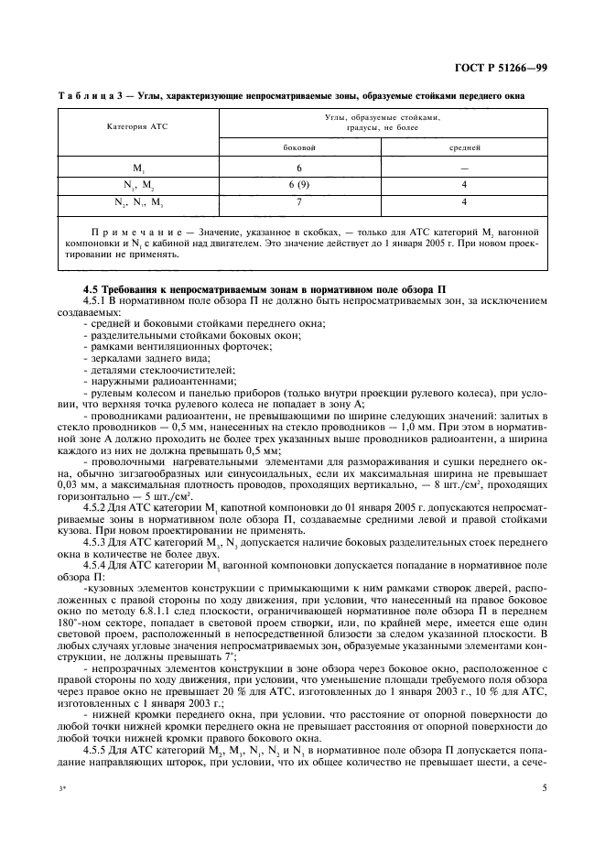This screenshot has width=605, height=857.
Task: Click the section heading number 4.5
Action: click(x=92, y=290)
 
